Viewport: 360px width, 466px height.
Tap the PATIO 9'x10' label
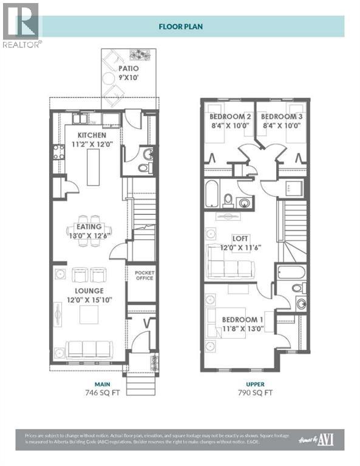pos(128,73)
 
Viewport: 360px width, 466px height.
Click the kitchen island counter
pos(93,166)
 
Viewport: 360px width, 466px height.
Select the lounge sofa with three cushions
pos(90,348)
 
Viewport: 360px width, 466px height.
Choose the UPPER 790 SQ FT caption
pos(254,388)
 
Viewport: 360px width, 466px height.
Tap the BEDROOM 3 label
pos(280,121)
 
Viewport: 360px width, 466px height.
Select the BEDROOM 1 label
pos(242,324)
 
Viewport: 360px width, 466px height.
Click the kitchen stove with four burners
pos(58,152)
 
